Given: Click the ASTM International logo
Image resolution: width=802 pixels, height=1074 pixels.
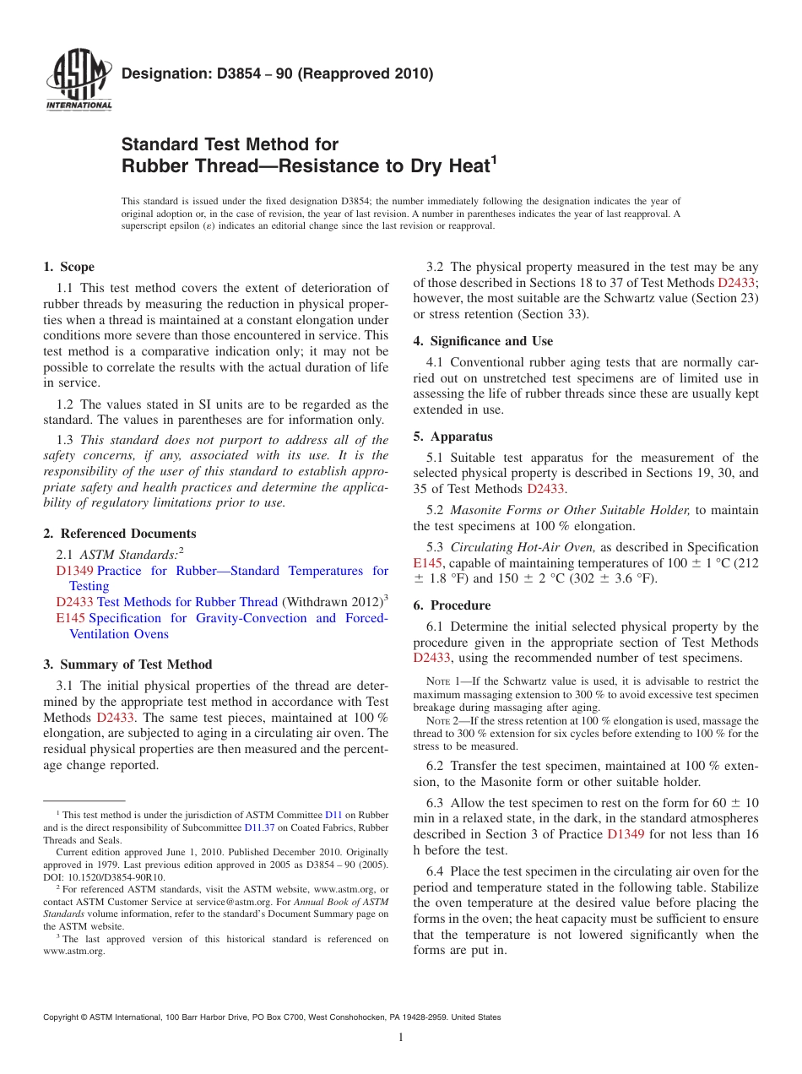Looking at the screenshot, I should pos(78,80).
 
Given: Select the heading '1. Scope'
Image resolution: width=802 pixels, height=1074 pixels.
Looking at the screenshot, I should pos(68,267).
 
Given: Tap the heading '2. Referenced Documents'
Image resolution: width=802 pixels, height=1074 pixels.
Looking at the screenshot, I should pos(119,534).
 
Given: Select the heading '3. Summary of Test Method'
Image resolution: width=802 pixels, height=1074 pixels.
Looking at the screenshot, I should pos(127,664).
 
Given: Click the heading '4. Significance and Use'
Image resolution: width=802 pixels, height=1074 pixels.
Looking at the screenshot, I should pos(483,341).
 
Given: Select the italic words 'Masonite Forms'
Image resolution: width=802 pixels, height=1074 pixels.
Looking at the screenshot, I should pos(491,510).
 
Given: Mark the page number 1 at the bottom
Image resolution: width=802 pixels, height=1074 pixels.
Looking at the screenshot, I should pos(401,1038).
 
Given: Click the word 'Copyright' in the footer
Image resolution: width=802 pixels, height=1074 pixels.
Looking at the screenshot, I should pos(63,1017).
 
